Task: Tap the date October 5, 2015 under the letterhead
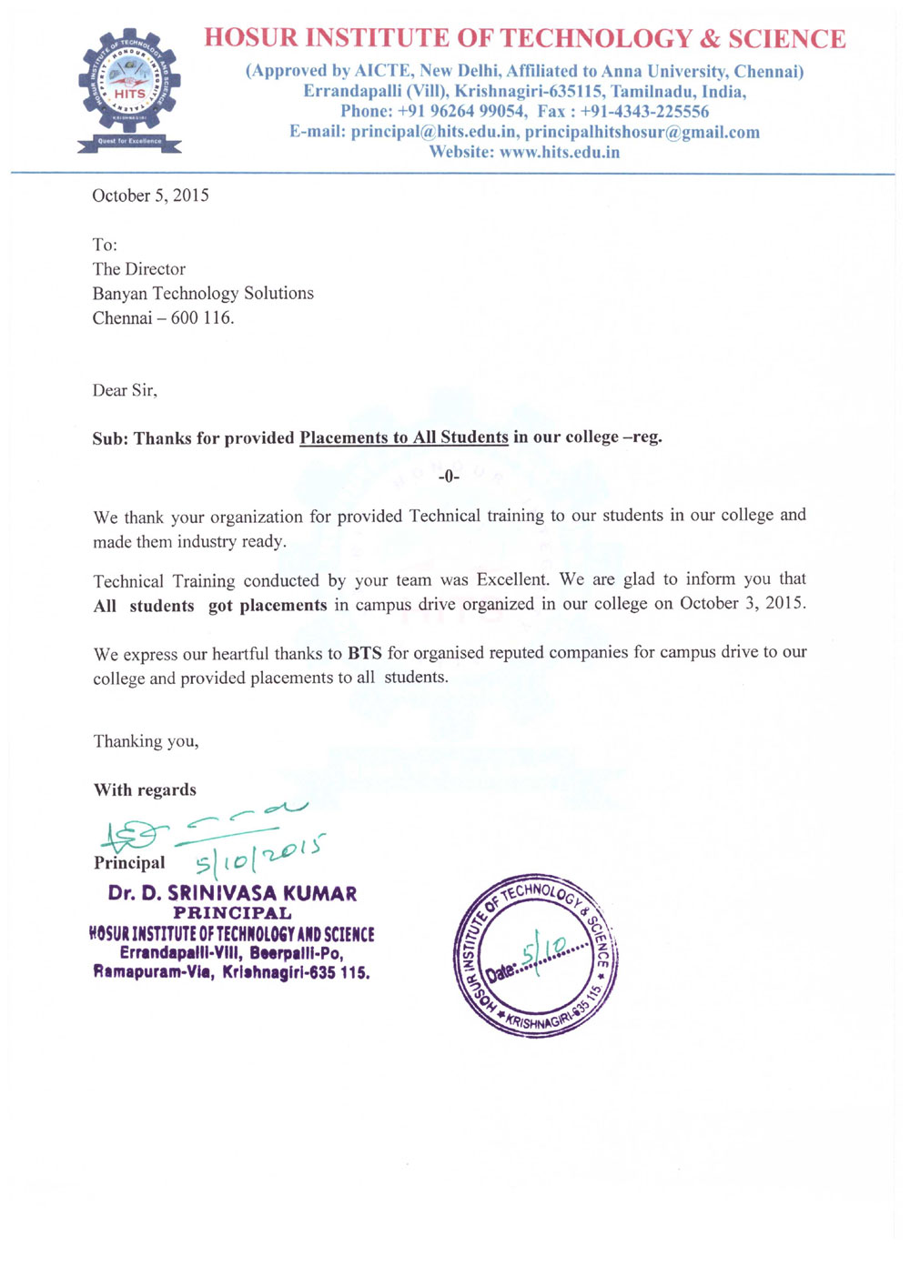(x=150, y=196)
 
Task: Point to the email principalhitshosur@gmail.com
(x=642, y=132)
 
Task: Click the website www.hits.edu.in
(x=560, y=152)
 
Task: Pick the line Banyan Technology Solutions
(x=203, y=293)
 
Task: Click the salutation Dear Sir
(x=124, y=390)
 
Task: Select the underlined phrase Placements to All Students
(x=403, y=437)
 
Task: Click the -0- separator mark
(x=449, y=477)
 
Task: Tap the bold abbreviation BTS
(x=364, y=653)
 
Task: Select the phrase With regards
(x=145, y=789)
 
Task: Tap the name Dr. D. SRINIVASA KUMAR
(x=232, y=893)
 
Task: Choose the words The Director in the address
(x=138, y=269)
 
